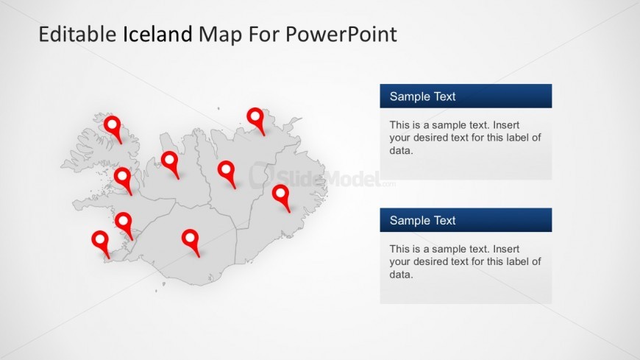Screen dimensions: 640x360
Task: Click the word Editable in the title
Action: [77, 34]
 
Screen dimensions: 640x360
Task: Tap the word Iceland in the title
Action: [157, 34]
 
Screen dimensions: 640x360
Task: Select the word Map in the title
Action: [220, 35]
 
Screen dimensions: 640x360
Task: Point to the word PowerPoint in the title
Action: [341, 34]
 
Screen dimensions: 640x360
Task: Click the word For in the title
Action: [263, 34]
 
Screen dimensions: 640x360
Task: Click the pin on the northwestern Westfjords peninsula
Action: [113, 129]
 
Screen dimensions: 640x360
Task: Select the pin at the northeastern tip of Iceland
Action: [256, 121]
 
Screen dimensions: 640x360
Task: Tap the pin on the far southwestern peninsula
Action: [100, 244]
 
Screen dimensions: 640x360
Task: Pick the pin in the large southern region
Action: [191, 243]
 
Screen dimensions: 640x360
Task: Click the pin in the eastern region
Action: [281, 198]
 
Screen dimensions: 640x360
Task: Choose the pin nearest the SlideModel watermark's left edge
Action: [227, 174]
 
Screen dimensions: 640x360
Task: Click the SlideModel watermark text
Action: [322, 177]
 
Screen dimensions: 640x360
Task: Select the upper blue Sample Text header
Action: [466, 96]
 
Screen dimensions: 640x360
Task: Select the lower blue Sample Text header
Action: [466, 220]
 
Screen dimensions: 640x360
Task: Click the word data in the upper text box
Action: [401, 150]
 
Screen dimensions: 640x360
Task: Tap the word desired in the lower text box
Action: [431, 261]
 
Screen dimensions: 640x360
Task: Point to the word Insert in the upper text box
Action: [506, 125]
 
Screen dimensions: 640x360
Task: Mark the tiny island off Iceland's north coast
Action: [218, 108]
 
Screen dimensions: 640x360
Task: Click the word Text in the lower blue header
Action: [444, 220]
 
